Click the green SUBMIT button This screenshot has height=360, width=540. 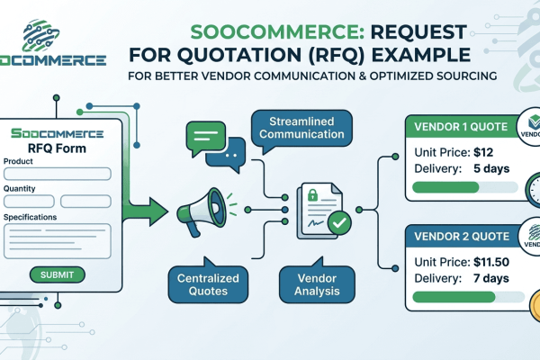(58, 274)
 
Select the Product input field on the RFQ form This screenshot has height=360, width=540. (58, 174)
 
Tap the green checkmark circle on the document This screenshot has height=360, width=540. (339, 220)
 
